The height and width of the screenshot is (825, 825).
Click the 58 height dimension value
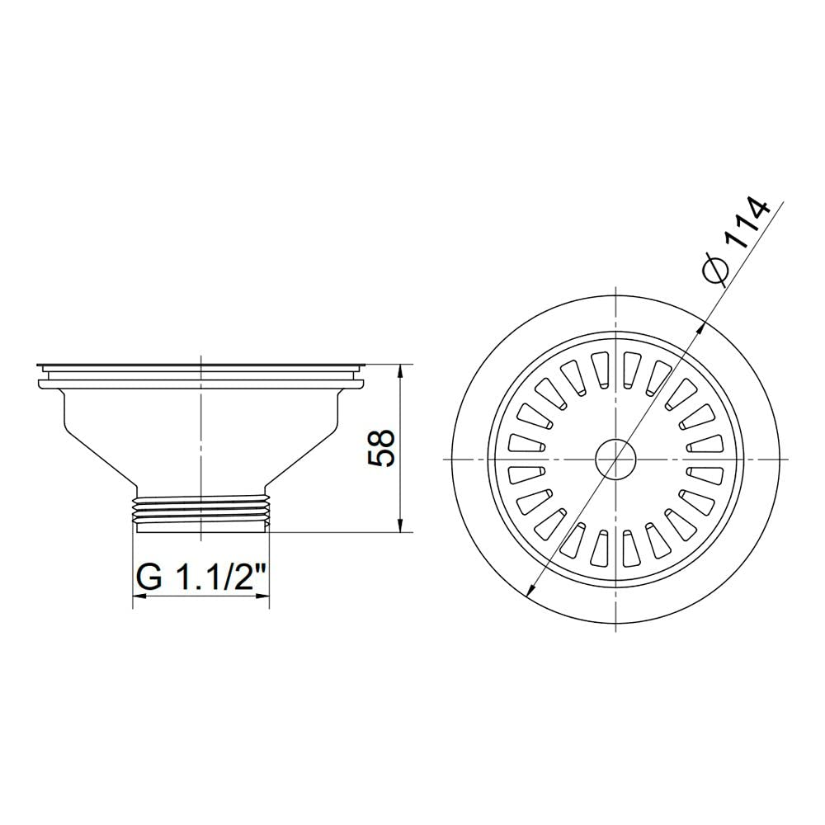click(x=380, y=448)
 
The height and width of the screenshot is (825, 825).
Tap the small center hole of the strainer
click(x=615, y=460)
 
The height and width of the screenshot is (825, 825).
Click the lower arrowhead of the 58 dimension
click(x=401, y=525)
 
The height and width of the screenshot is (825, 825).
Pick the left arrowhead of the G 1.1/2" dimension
click(x=139, y=596)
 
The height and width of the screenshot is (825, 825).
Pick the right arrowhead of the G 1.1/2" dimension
click(x=262, y=596)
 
